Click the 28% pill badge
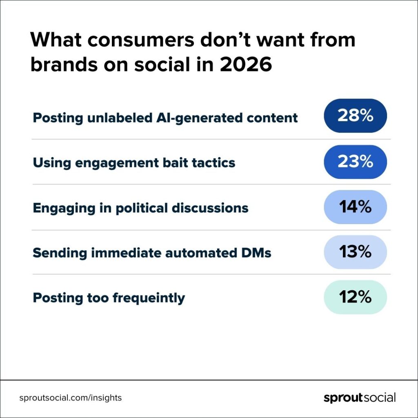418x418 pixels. click(x=355, y=116)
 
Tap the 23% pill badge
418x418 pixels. click(x=355, y=162)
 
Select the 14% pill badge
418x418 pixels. click(x=355, y=207)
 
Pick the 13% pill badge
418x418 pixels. click(x=355, y=252)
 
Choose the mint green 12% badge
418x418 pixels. click(x=355, y=297)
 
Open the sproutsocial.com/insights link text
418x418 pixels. click(x=71, y=398)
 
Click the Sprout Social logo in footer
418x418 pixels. click(x=359, y=398)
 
